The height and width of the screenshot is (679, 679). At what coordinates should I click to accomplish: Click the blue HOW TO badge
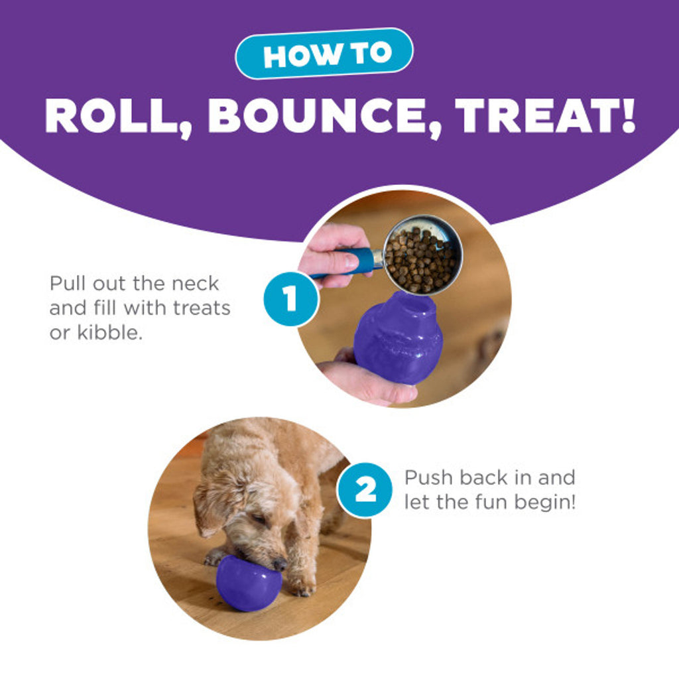click(x=324, y=54)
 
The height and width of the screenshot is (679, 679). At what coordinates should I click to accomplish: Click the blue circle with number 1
click(x=290, y=299)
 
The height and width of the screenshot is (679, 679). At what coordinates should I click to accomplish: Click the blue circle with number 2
click(x=365, y=489)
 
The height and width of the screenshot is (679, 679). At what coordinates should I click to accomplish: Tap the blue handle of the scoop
click(x=359, y=261)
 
